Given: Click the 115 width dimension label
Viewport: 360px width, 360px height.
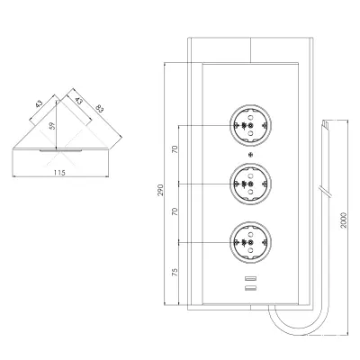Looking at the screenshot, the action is (59, 173).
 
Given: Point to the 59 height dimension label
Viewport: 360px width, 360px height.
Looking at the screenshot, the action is (52, 125).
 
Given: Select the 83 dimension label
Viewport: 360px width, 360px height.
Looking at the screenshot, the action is (99, 108).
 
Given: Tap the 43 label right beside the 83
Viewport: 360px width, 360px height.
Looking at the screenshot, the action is (78, 101).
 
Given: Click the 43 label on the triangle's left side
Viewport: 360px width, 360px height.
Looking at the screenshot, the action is (39, 103).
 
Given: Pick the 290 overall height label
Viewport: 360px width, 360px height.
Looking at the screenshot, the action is (161, 190).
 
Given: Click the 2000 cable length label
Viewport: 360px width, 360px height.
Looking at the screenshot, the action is (344, 220).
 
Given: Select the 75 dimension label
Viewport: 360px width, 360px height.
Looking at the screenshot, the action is (175, 272).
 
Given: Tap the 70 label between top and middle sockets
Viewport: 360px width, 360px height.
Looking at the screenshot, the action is (175, 149).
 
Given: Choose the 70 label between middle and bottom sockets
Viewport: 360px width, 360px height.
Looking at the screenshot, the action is (175, 211).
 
